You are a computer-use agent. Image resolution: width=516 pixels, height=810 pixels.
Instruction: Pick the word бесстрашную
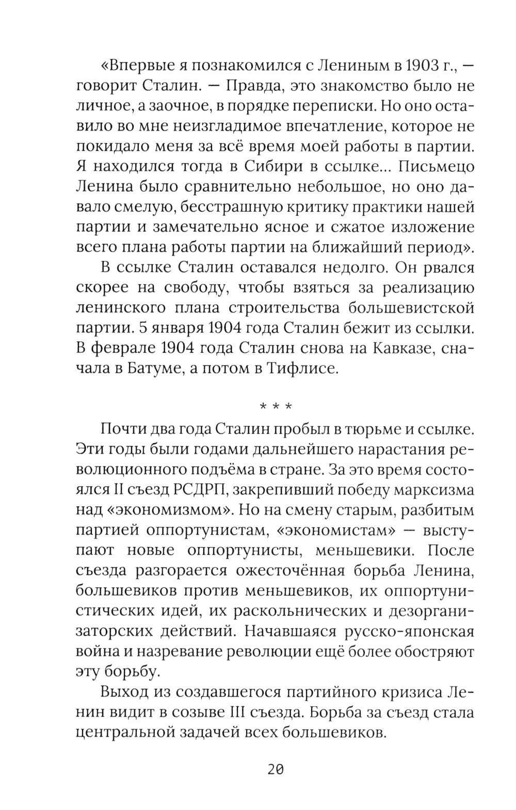click(x=236, y=208)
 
